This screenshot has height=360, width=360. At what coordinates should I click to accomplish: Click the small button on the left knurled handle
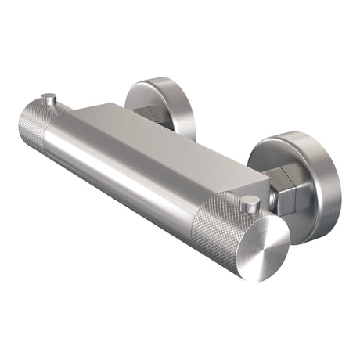(49, 99)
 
